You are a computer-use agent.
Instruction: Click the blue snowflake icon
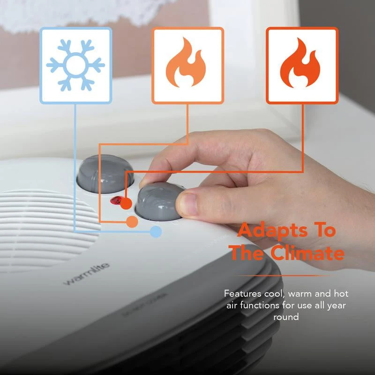coord(75,65)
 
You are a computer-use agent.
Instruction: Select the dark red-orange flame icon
coord(302,65)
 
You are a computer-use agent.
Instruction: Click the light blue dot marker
coord(156,231)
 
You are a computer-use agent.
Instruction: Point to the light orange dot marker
coord(133,222)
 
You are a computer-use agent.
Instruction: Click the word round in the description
coord(286,317)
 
